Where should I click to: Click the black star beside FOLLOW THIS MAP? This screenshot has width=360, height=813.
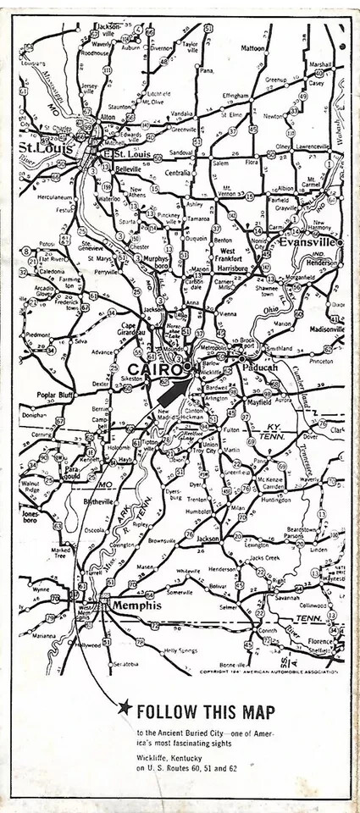125,708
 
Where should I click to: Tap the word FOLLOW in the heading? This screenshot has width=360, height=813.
167,710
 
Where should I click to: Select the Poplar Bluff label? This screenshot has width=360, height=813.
58,395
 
